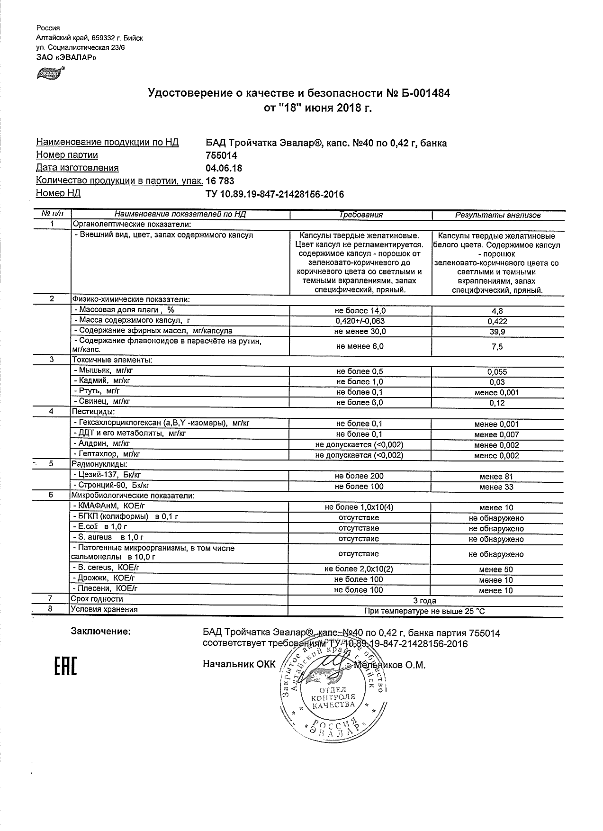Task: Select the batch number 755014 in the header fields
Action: pyautogui.click(x=221, y=155)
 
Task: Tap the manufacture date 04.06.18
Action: pyautogui.click(x=224, y=168)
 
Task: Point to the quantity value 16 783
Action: pyautogui.click(x=220, y=181)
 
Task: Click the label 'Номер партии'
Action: pyautogui.click(x=67, y=155)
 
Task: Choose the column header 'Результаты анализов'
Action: pyautogui.click(x=497, y=215)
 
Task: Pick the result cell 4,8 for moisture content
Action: pyautogui.click(x=497, y=311)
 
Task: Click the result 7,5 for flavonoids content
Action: pyautogui.click(x=497, y=347)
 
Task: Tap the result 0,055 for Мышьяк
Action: pyautogui.click(x=497, y=372)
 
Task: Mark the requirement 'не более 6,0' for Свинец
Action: pyautogui.click(x=360, y=403)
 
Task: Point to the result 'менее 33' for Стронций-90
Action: pyautogui.click(x=496, y=487)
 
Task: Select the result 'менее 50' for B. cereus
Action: pyautogui.click(x=496, y=570)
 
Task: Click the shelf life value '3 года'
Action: pyautogui.click(x=424, y=601)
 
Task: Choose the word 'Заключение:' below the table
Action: pyautogui.click(x=100, y=632)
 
